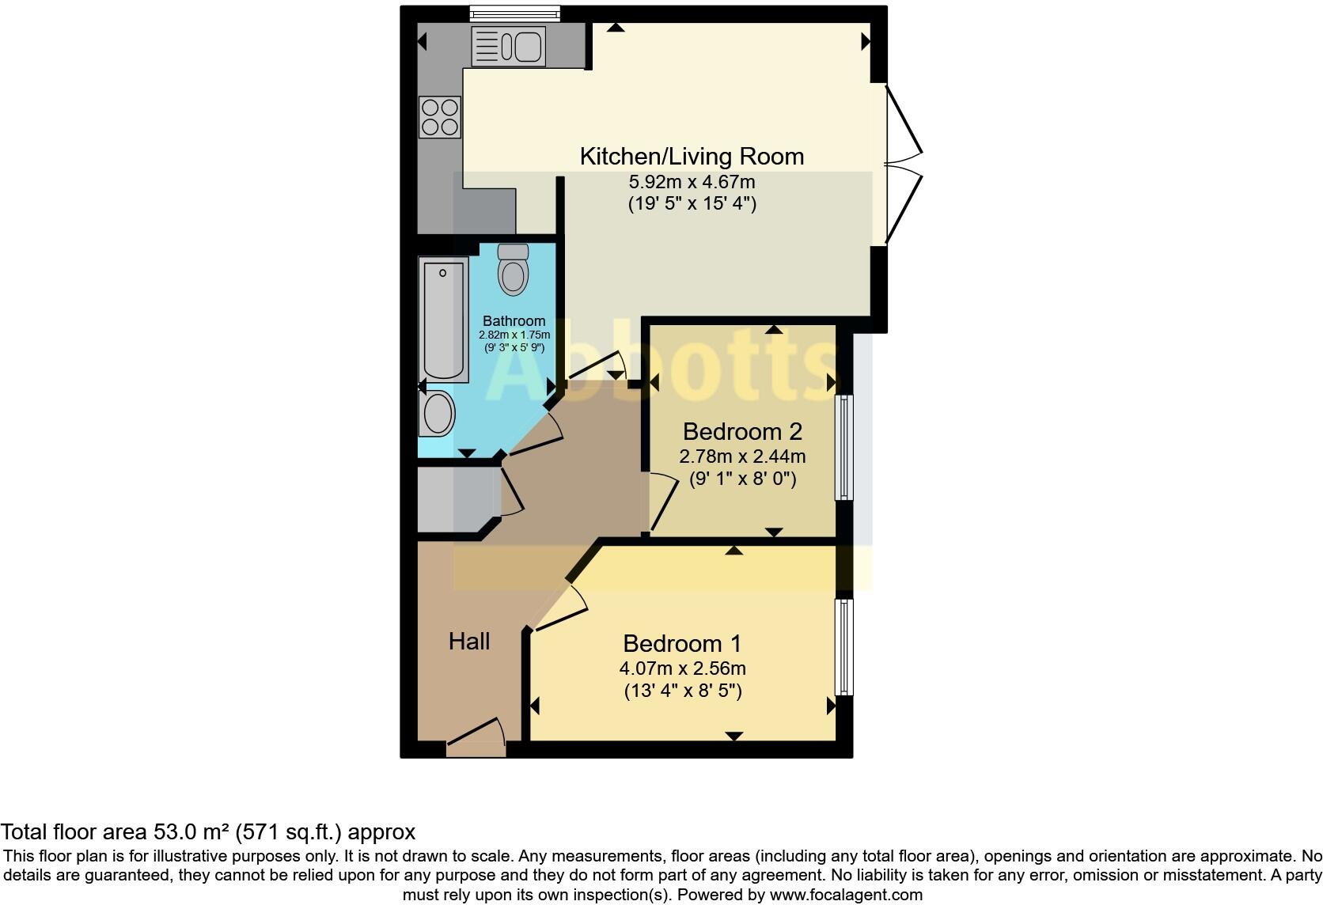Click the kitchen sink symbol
(x=508, y=46)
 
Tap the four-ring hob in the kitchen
(x=439, y=117)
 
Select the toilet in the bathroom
(x=514, y=271)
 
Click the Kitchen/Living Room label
(x=692, y=157)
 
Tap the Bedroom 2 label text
(x=742, y=432)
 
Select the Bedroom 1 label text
(x=682, y=643)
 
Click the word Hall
(x=469, y=642)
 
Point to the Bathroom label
(x=514, y=321)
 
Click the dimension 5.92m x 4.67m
(x=692, y=183)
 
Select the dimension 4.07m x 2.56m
(x=682, y=668)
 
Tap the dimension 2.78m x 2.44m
(x=742, y=456)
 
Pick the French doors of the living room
(x=902, y=165)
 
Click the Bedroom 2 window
(x=845, y=447)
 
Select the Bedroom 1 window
(x=845, y=647)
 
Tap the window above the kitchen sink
(x=514, y=13)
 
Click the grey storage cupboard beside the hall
(x=449, y=498)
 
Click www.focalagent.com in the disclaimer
(x=846, y=896)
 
